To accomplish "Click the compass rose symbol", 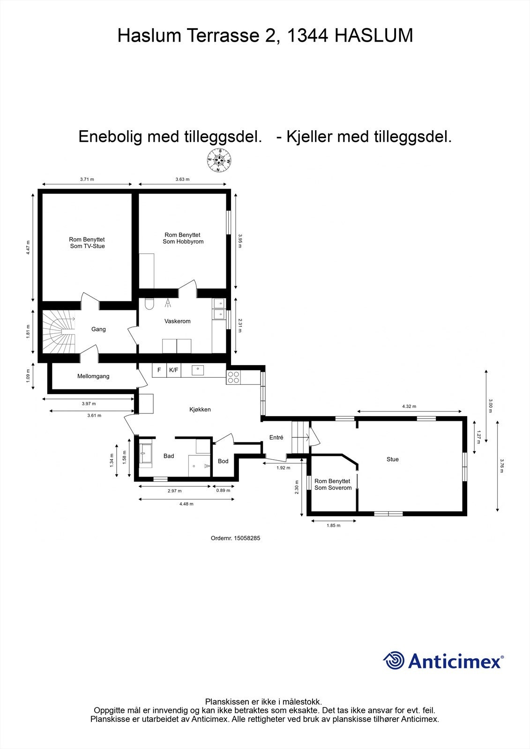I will [219, 161].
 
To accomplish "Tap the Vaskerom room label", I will [177, 321].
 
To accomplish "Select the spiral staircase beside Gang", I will [59, 332].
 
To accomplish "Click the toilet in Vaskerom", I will [149, 304].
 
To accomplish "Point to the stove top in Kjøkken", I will [233, 377].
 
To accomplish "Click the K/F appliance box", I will [173, 370].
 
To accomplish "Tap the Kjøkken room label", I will [200, 409].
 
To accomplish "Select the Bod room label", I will [223, 461].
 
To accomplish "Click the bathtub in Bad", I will [145, 454].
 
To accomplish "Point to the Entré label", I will [276, 437].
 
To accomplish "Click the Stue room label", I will [393, 459].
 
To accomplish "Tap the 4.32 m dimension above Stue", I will [409, 406].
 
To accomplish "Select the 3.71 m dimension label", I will [87, 179].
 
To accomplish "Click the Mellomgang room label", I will [93, 376].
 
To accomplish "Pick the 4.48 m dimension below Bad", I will [186, 504].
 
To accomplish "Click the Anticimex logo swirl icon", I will [394, 661].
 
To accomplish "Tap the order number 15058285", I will [246, 538].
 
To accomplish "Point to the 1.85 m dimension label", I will [333, 525].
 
